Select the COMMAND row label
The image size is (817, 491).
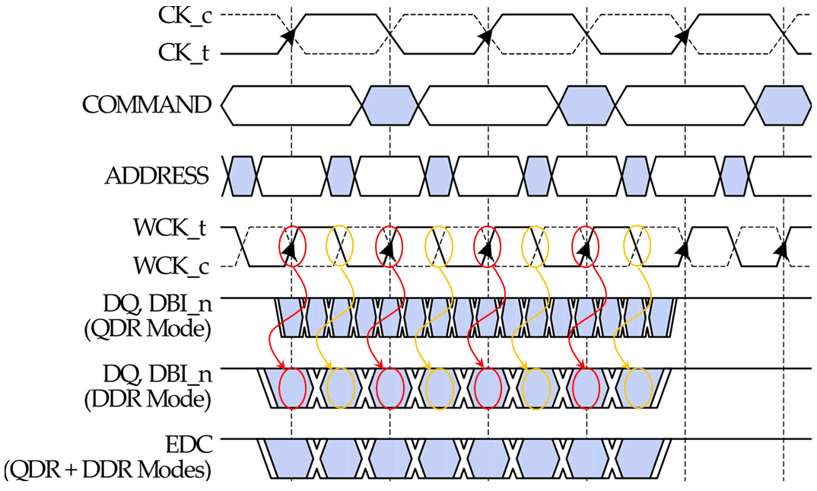[146, 104]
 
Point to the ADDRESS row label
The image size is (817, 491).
[157, 176]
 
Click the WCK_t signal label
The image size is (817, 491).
[173, 228]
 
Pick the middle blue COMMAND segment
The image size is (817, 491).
[586, 105]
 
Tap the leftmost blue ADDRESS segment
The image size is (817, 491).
[243, 176]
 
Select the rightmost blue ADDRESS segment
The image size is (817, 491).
[735, 176]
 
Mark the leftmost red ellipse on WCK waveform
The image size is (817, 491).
[292, 246]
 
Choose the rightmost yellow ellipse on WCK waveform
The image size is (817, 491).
[637, 246]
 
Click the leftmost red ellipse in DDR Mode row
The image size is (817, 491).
[292, 388]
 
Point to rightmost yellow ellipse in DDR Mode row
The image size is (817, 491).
[637, 388]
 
